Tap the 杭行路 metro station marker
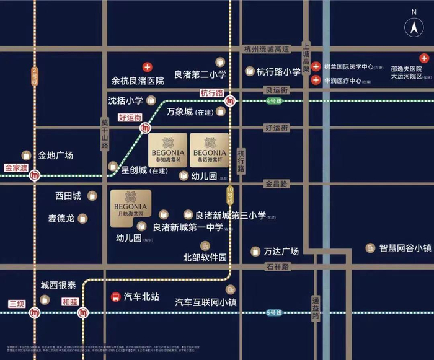231,101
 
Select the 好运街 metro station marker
145,128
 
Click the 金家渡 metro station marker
36,176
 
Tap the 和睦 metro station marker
83,313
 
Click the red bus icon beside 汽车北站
115,297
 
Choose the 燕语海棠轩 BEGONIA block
210,147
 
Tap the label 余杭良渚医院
138,81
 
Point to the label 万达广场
281,252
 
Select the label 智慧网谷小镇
405,248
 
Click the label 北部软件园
205,257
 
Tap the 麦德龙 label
61,218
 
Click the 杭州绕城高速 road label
267,50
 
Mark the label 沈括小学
126,100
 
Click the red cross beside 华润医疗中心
316,81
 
